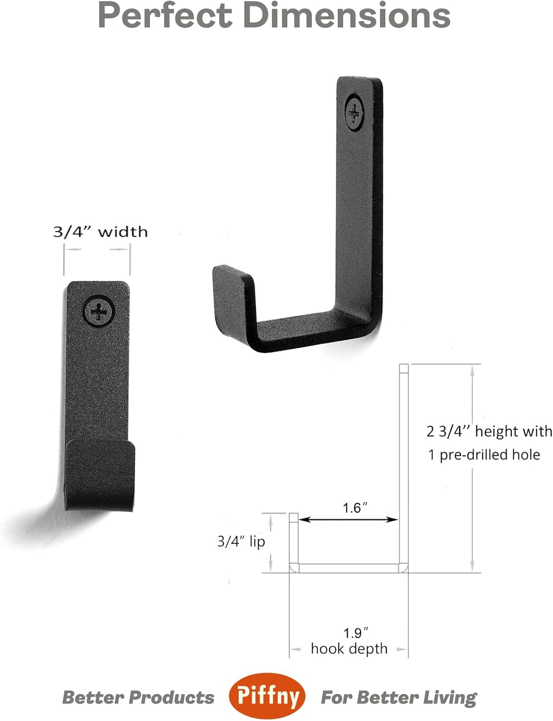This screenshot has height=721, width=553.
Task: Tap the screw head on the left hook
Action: tap(99, 312)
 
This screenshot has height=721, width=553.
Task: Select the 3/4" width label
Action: tap(100, 232)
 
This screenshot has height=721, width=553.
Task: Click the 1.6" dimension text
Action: tap(355, 508)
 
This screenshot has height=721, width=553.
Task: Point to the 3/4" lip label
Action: tap(241, 542)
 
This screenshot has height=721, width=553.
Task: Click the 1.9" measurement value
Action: tap(356, 633)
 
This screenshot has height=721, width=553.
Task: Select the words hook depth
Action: tap(349, 648)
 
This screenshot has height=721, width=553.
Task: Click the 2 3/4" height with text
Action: tap(489, 431)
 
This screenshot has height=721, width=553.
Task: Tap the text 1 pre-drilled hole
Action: tap(484, 455)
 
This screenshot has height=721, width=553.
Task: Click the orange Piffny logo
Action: tap(267, 696)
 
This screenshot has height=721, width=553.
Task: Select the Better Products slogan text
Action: tap(138, 697)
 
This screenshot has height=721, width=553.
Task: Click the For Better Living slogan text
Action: tap(398, 697)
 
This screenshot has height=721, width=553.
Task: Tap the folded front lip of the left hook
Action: tap(100, 473)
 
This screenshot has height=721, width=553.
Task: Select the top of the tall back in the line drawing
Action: tap(404, 369)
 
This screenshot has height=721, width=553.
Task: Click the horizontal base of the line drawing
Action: tap(349, 568)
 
